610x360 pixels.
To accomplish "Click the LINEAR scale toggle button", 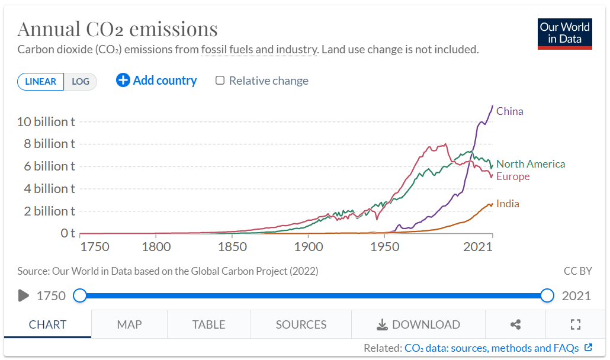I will pyautogui.click(x=40, y=82).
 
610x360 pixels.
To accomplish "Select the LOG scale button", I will pyautogui.click(x=81, y=82).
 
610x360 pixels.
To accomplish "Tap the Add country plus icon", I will pyautogui.click(x=123, y=81).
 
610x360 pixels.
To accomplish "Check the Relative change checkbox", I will pyautogui.click(x=220, y=81).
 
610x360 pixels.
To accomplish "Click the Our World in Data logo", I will pyautogui.click(x=564, y=34).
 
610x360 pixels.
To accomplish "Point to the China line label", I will pyautogui.click(x=509, y=111).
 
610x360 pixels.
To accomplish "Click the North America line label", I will pyautogui.click(x=531, y=164).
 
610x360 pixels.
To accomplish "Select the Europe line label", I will pyautogui.click(x=513, y=176).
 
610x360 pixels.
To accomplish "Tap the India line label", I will pyautogui.click(x=508, y=204).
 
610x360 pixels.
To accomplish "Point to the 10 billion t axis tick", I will pyautogui.click(x=46, y=121).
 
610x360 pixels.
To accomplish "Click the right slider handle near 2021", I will pyautogui.click(x=547, y=295).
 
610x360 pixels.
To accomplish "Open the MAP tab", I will pyautogui.click(x=129, y=324).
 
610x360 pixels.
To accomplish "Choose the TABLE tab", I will pyautogui.click(x=208, y=324).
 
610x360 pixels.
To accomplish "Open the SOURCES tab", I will pyautogui.click(x=301, y=324).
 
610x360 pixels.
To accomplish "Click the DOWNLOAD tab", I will pyautogui.click(x=418, y=324).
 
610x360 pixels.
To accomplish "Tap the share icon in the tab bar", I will pyautogui.click(x=515, y=324).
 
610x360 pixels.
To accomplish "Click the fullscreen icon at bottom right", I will pyautogui.click(x=575, y=324).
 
